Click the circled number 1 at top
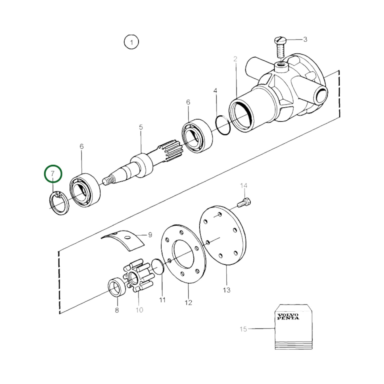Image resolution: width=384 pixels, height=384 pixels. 131,42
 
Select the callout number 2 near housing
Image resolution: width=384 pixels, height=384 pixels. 235,59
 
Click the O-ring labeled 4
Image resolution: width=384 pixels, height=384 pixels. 222,125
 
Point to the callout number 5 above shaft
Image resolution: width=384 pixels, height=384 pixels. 141,127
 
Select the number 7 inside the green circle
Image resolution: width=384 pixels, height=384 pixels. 53,174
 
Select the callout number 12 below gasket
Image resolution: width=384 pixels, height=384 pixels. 188,302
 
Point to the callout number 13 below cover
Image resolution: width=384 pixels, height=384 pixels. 227,290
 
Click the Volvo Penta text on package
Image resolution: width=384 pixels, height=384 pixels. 288,317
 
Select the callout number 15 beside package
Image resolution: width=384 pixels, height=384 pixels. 243,329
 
